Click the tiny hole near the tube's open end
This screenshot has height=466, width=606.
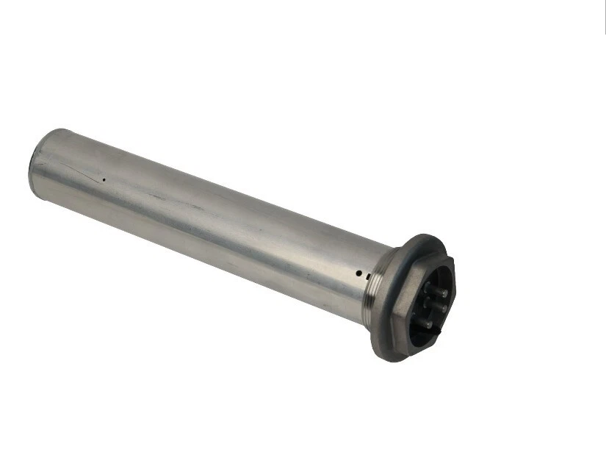tap(104, 179)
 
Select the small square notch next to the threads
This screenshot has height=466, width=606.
tap(365, 276)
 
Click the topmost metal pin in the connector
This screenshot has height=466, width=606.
tap(443, 293)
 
